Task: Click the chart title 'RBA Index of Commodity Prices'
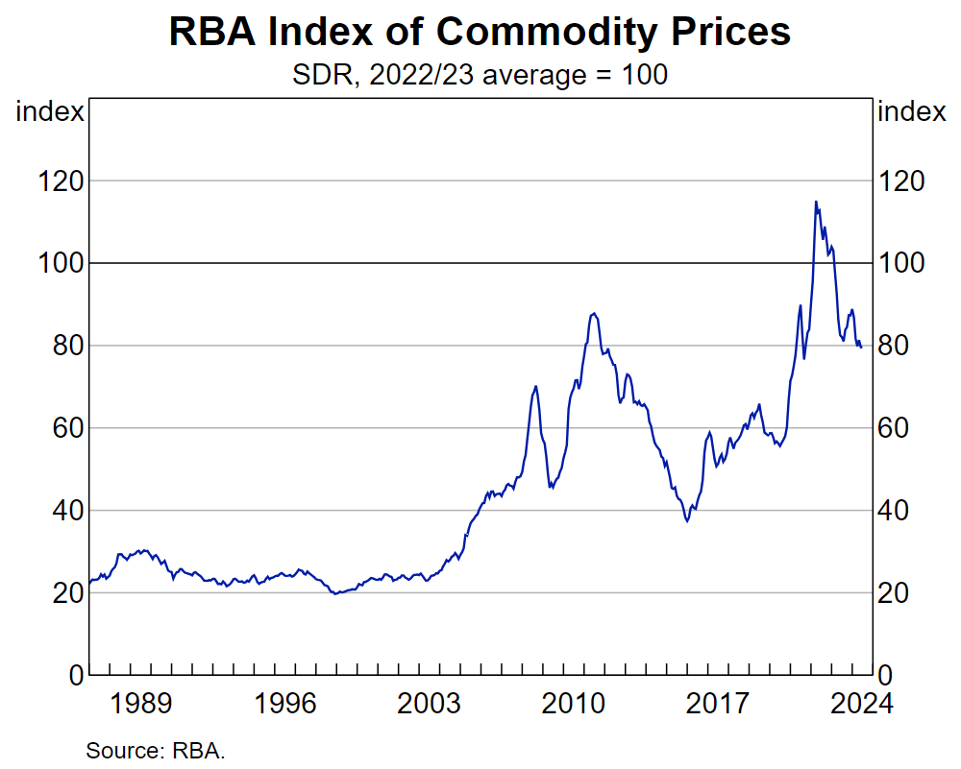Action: click(x=480, y=32)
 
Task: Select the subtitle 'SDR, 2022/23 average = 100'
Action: click(x=480, y=75)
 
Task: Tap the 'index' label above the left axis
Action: click(x=50, y=111)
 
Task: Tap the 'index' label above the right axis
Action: click(x=912, y=111)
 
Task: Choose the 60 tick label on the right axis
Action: click(x=899, y=428)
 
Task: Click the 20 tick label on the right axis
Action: click(x=899, y=593)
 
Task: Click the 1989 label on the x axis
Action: click(x=141, y=704)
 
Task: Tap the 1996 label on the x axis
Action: click(x=285, y=704)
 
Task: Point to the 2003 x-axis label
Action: click(x=431, y=704)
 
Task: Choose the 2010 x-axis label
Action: click(x=575, y=704)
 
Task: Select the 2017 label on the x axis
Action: click(x=719, y=704)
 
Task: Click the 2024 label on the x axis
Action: click(x=862, y=704)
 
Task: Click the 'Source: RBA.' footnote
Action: click(x=156, y=750)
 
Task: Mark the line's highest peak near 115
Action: click(x=816, y=202)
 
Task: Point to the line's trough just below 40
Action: click(x=687, y=520)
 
